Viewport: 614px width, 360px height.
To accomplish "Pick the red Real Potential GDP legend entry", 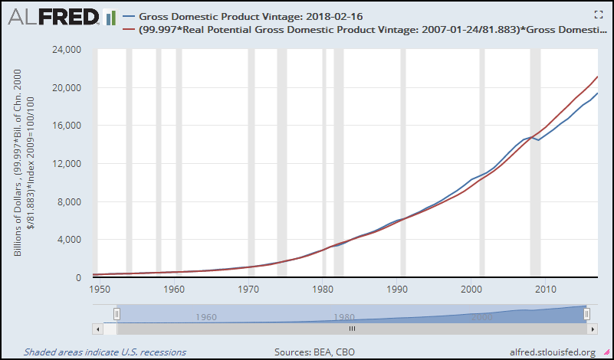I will (360, 31).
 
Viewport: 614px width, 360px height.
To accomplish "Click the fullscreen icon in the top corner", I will (599, 15).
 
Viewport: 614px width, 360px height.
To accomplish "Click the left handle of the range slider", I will (117, 313).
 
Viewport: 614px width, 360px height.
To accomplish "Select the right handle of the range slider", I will (587, 313).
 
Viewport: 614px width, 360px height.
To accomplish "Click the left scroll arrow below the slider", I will (97, 329).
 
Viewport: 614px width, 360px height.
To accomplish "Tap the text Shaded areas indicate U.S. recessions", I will (104, 352).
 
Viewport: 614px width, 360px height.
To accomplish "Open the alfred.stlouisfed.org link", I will (552, 352).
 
